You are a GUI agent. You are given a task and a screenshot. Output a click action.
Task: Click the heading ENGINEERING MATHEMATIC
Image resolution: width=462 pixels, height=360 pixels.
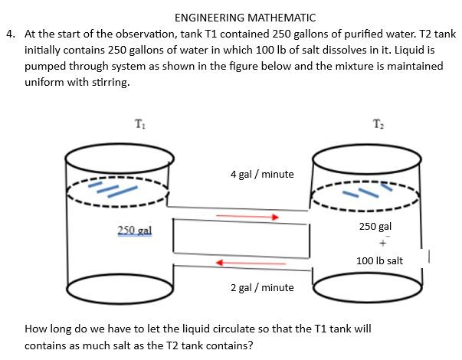click(x=234, y=18)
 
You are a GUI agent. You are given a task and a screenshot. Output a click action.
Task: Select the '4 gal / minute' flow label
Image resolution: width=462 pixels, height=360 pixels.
click(x=262, y=174)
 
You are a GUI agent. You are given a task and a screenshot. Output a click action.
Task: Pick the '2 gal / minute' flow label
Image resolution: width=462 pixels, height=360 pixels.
click(x=262, y=287)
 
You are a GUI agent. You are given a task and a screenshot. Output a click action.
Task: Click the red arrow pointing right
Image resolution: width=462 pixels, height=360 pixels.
click(x=247, y=217)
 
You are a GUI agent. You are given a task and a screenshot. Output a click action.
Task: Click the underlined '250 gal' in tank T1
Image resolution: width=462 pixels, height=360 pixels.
click(x=135, y=231)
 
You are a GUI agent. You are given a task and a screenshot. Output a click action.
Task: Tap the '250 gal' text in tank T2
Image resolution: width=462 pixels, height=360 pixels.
click(x=375, y=227)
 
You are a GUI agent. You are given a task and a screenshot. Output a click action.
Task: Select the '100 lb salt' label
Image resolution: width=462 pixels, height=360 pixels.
click(x=379, y=260)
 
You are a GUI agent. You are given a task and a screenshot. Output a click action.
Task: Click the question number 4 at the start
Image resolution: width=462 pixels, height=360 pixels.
click(x=10, y=34)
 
